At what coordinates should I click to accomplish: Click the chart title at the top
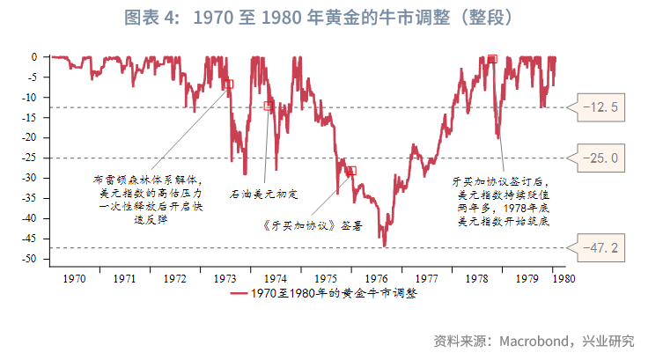click(331, 18)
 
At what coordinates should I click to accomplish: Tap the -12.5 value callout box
click(602, 108)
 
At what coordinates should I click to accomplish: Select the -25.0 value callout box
click(602, 158)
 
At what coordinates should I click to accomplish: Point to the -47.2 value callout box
click(602, 248)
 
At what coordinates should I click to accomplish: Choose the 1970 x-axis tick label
click(74, 278)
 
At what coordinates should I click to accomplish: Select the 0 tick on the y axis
click(35, 57)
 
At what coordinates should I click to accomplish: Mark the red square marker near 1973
click(229, 84)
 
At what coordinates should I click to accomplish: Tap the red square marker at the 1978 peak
click(492, 59)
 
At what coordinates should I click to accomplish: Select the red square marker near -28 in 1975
click(351, 171)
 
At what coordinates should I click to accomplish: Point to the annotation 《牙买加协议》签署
click(313, 224)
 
